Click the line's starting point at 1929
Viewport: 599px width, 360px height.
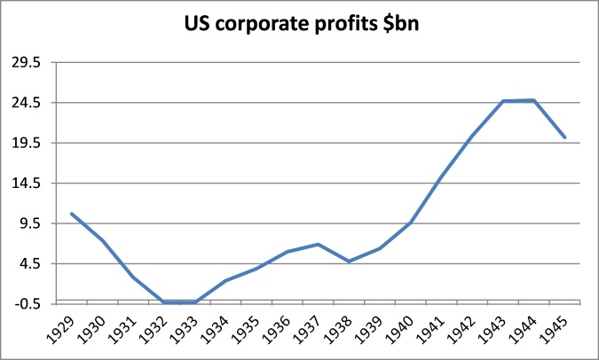72,214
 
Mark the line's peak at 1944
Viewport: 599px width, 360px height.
533,100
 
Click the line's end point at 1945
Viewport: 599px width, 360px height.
564,137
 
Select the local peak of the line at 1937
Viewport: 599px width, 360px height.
319,244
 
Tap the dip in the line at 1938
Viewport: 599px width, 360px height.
349,262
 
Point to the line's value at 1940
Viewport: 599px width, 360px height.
411,223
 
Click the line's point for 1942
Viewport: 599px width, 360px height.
472,136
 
